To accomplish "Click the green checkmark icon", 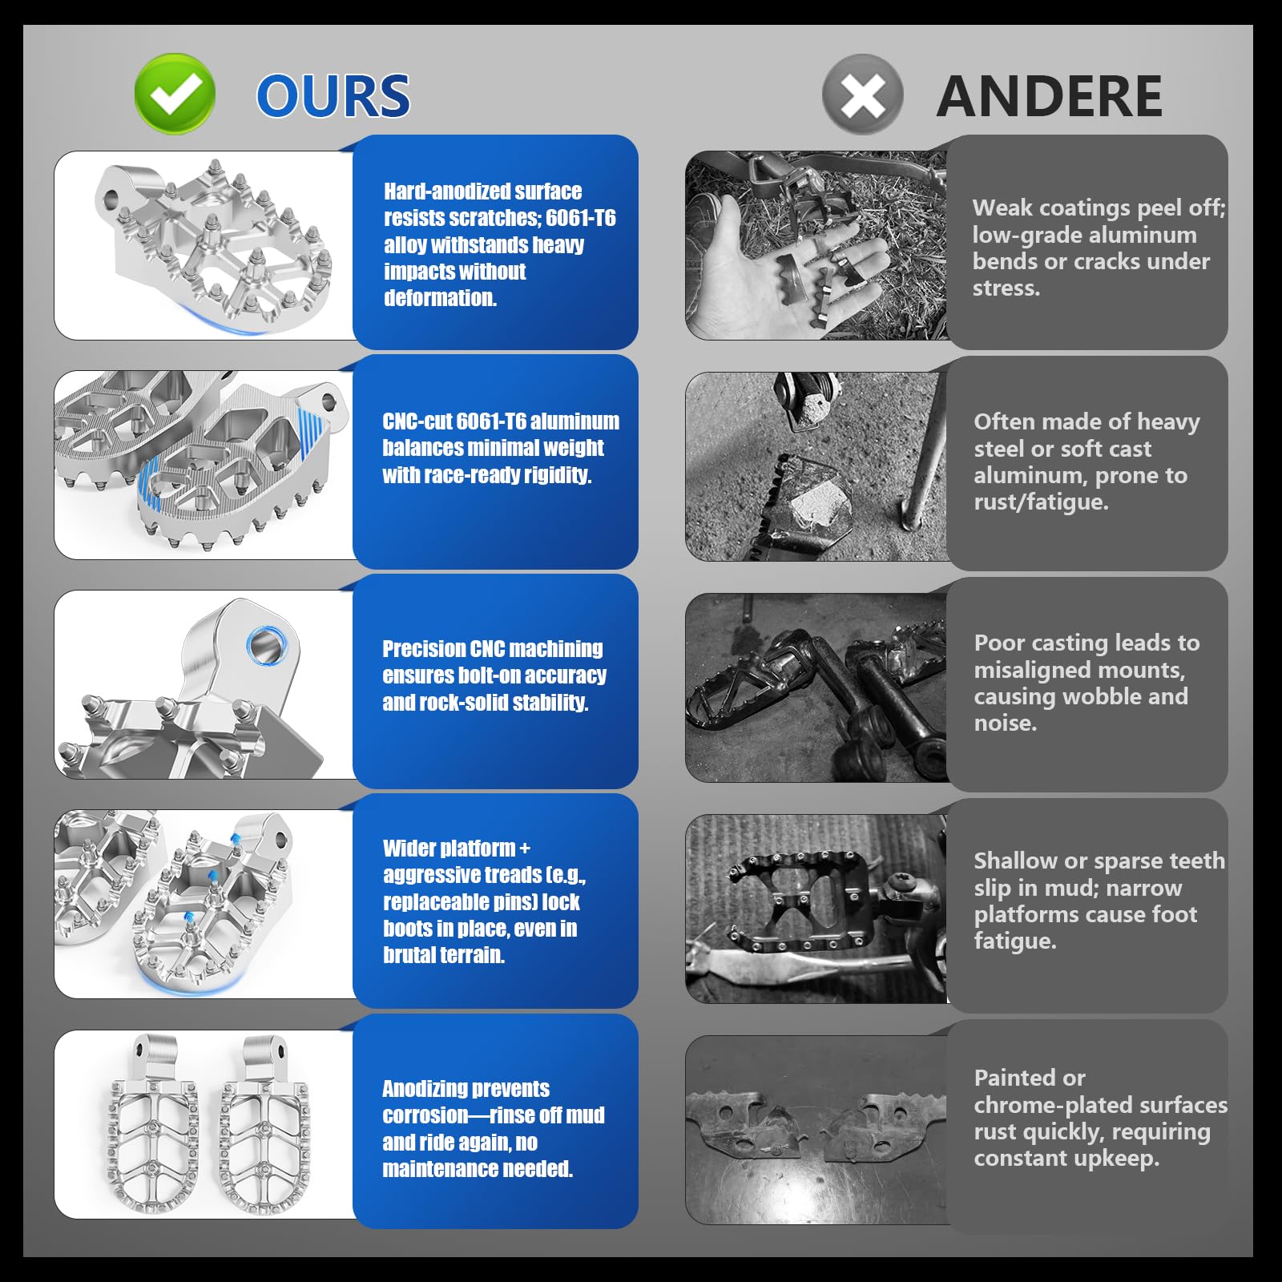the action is tap(175, 94).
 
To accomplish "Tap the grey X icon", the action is tap(863, 95).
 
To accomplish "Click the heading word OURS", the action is tap(333, 96).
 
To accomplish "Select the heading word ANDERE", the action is tap(1050, 96).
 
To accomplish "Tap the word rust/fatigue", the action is tap(1042, 502).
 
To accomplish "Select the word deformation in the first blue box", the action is tap(440, 298).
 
